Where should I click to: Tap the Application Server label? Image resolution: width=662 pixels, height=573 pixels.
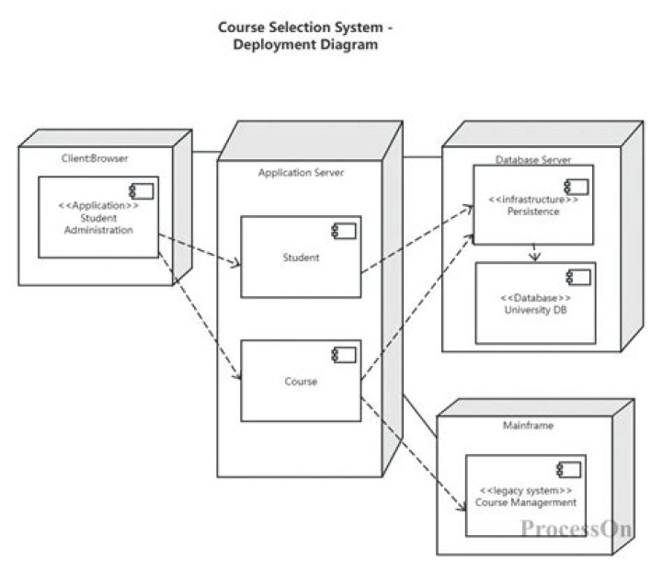tap(301, 172)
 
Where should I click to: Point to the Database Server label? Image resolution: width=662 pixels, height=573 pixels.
tap(532, 159)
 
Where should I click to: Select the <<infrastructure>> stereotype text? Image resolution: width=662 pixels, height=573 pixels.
tap(533, 199)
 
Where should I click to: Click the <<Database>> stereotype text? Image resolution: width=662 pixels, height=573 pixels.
tap(535, 298)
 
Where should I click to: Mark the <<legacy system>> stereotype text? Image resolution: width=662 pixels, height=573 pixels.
tap(526, 491)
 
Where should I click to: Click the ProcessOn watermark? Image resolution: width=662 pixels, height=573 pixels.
tap(576, 528)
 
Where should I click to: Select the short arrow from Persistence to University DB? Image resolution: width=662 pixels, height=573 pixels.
tap(534, 253)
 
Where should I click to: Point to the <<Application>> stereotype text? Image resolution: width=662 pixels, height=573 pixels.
tap(98, 206)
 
